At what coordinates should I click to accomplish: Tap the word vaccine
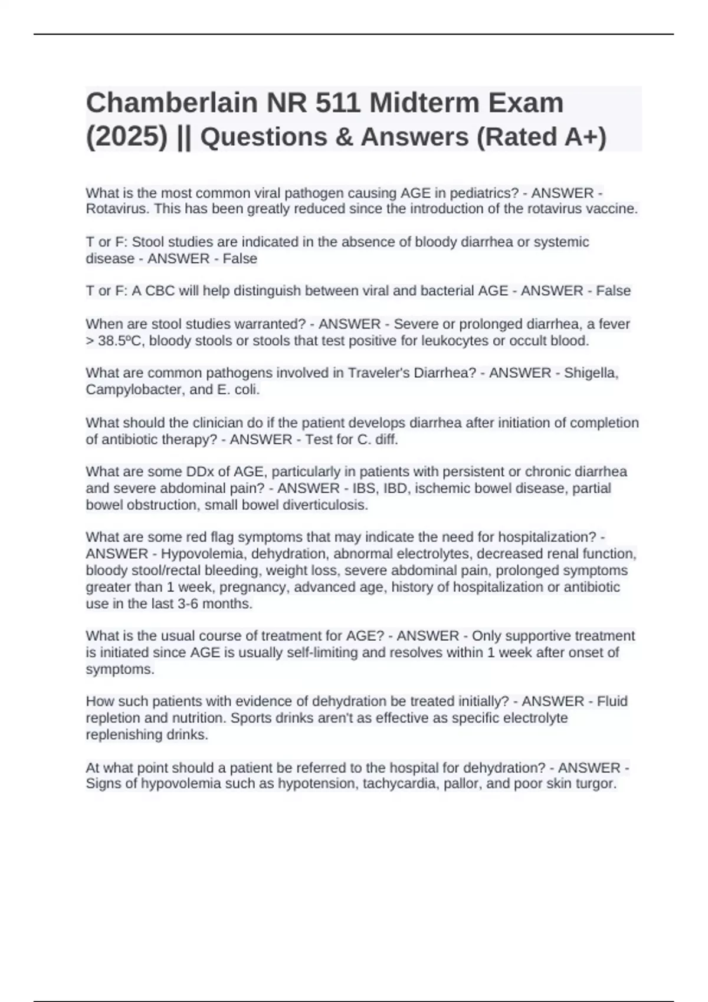point(612,209)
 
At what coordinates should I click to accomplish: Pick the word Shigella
point(591,373)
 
